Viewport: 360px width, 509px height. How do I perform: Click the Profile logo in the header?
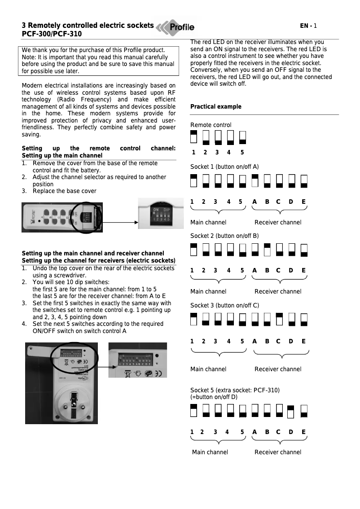pyautogui.click(x=176, y=27)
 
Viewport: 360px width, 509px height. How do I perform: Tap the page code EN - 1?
pyautogui.click(x=309, y=26)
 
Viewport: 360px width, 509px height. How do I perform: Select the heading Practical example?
pyautogui.click(x=215, y=107)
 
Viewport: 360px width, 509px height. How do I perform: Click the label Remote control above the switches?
pyautogui.click(x=211, y=125)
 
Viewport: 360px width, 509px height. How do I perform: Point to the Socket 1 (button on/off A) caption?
pyautogui.click(x=224, y=167)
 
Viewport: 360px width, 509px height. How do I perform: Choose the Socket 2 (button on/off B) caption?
pyautogui.click(x=224, y=236)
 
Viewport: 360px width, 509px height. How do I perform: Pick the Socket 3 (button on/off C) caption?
pyautogui.click(x=224, y=306)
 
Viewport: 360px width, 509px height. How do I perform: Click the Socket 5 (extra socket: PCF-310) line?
pyautogui.click(x=235, y=390)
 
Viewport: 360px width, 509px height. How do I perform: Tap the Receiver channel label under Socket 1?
pyautogui.click(x=278, y=223)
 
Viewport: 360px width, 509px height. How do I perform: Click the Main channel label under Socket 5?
pyautogui.click(x=210, y=452)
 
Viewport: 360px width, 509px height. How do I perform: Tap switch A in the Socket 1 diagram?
pyautogui.click(x=255, y=180)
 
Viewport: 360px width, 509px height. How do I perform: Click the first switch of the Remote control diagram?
pyautogui.click(x=193, y=137)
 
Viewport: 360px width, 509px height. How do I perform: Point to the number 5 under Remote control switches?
pyautogui.click(x=242, y=153)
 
